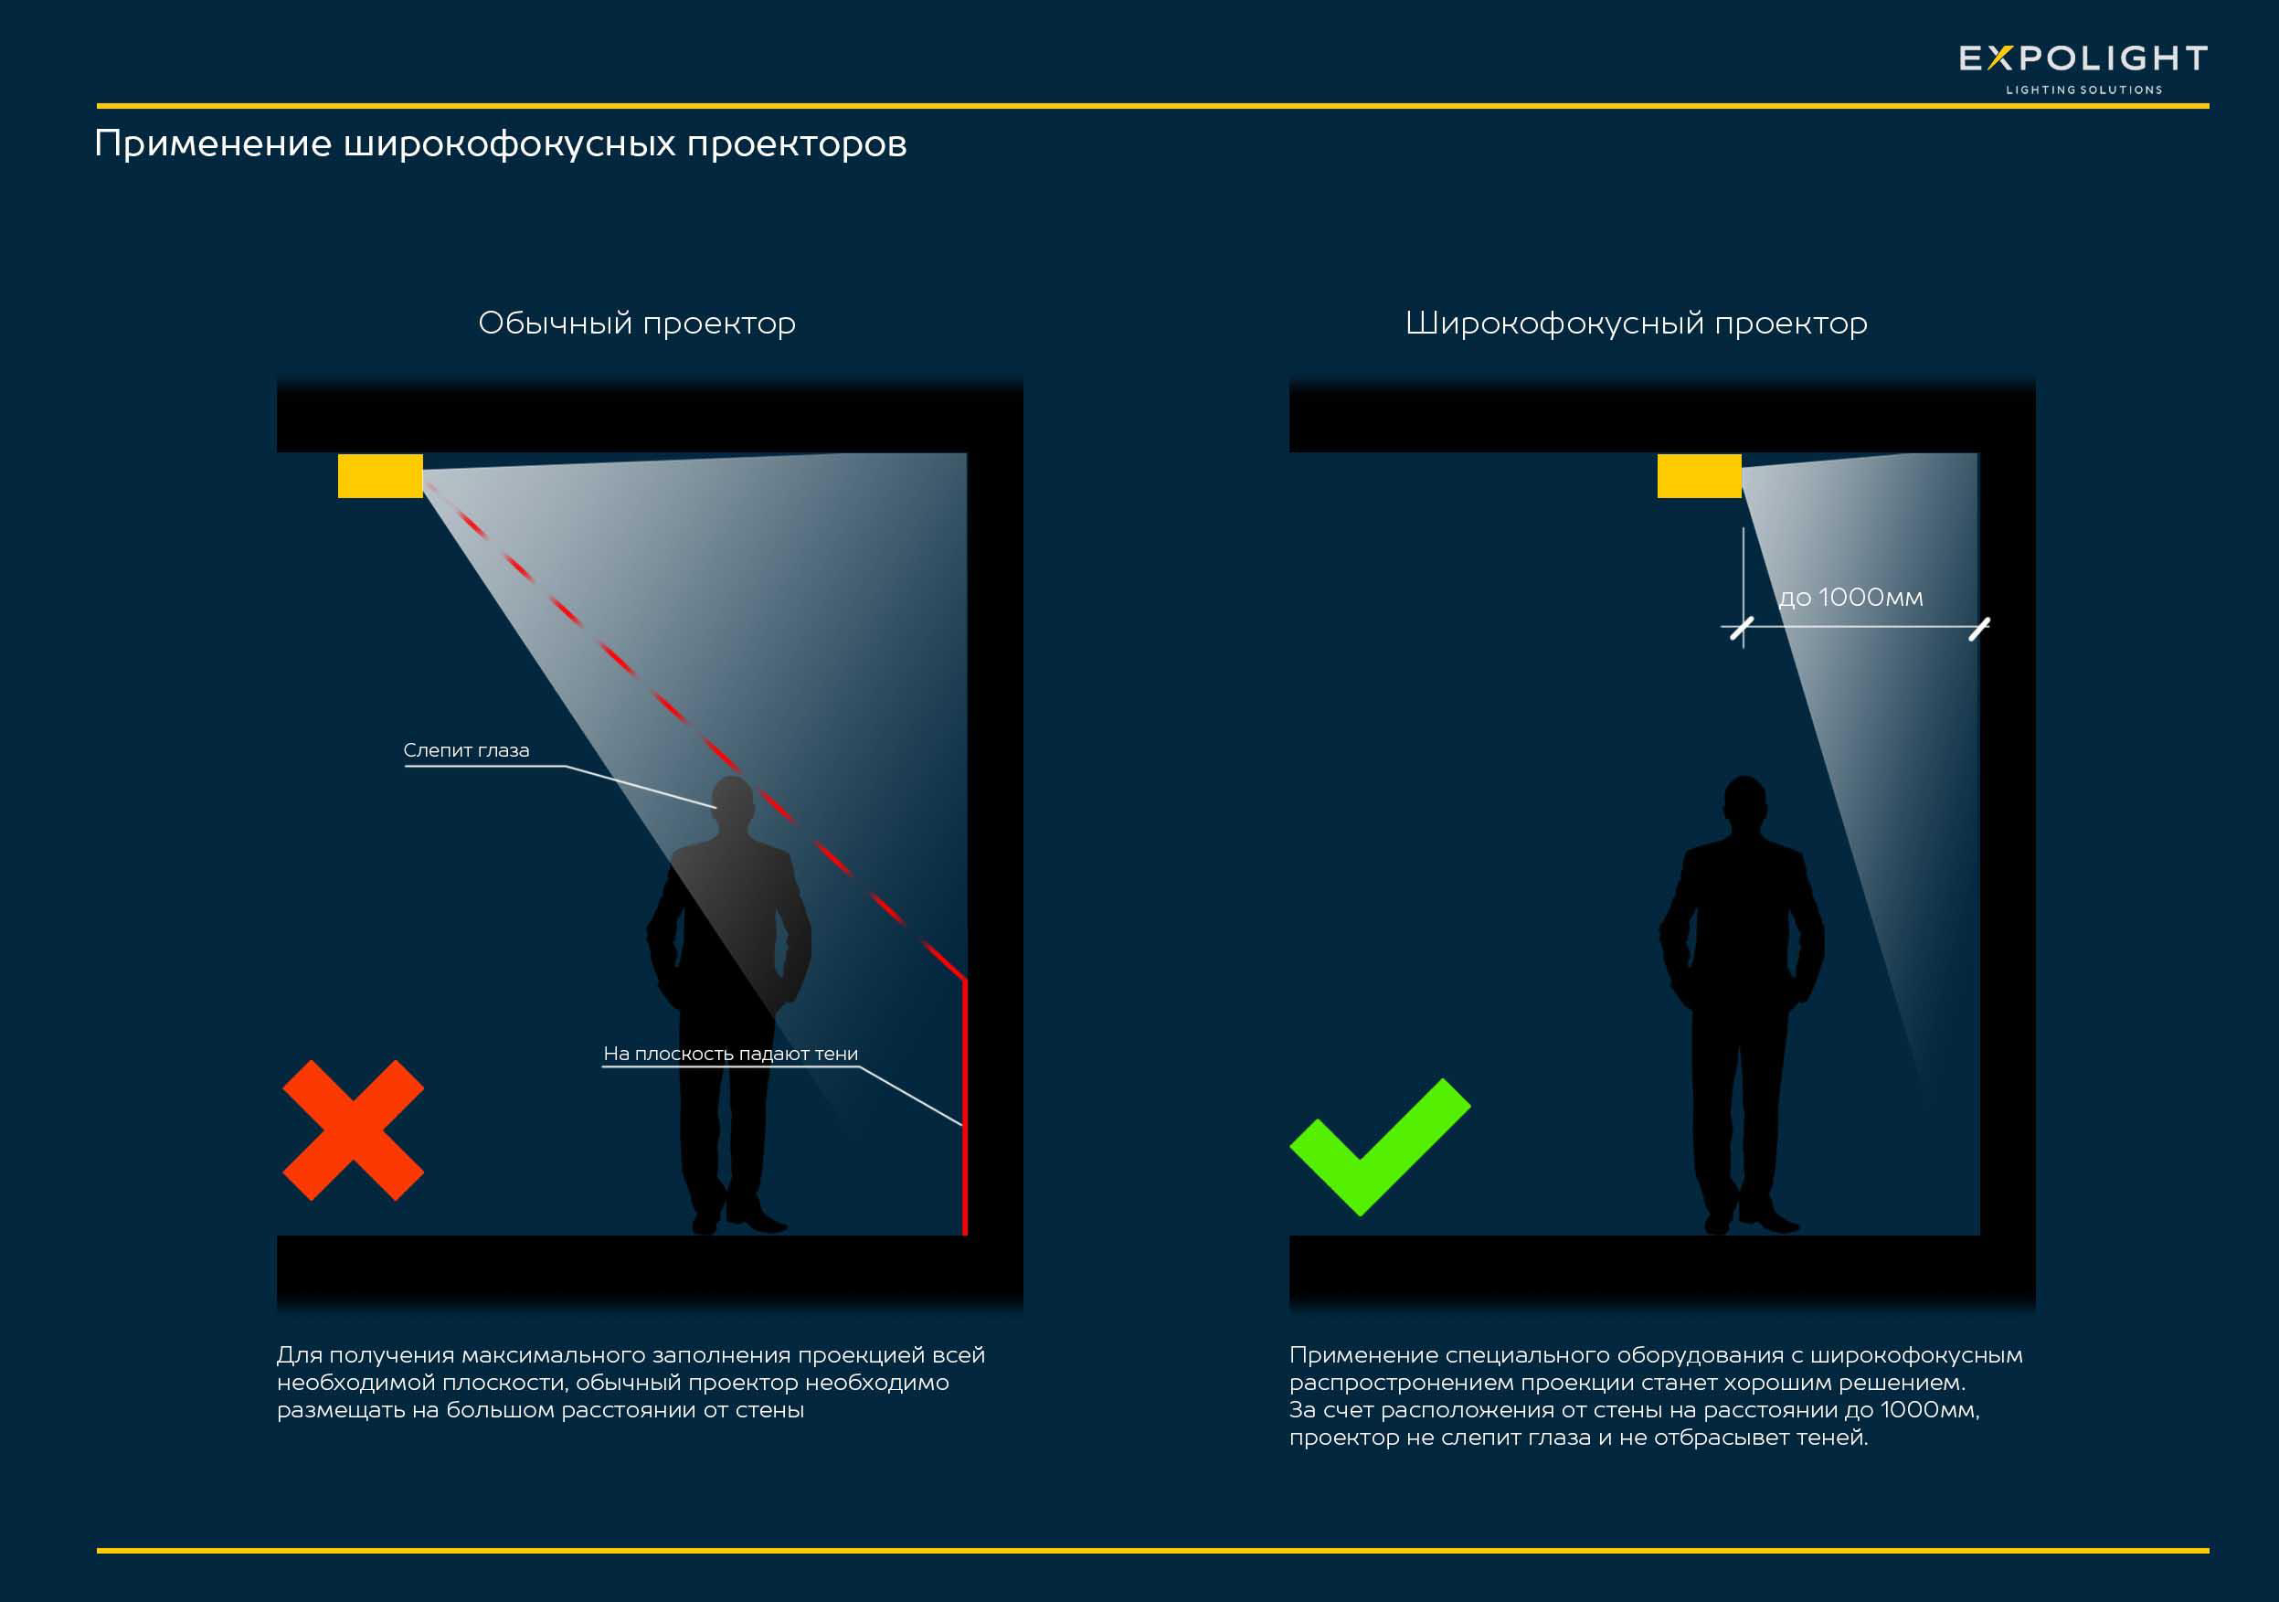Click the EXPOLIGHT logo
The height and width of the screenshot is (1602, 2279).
2083,59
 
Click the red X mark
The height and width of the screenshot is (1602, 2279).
354,1130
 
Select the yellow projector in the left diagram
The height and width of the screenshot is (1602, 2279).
380,476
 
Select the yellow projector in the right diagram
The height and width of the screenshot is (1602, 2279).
1699,476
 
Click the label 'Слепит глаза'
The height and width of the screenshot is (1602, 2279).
465,750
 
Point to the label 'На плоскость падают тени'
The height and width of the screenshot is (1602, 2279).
730,1053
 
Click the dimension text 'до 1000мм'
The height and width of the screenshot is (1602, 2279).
1850,598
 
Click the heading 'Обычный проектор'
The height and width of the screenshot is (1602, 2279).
636,324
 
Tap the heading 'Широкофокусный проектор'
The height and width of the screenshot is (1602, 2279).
1636,324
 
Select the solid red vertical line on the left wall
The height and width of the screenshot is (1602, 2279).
965,1107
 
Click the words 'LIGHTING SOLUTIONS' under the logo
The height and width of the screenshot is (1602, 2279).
2083,90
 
